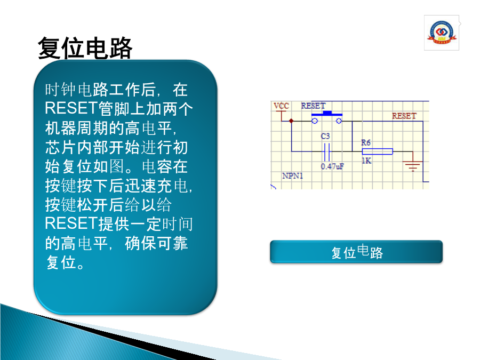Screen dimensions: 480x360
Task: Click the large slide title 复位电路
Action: (x=85, y=48)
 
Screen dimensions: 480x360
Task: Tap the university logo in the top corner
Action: (x=442, y=33)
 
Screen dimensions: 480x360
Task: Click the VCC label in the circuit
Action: (x=281, y=106)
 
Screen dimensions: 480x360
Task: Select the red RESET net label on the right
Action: (x=404, y=116)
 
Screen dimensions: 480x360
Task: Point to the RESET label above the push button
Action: (x=313, y=106)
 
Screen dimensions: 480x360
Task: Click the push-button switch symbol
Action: (x=326, y=117)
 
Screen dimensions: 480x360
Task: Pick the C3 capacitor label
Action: (x=325, y=136)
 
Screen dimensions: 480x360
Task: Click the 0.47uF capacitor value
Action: (x=332, y=166)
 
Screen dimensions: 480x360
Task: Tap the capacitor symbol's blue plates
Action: (x=326, y=152)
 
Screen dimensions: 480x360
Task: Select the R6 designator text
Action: (x=366, y=142)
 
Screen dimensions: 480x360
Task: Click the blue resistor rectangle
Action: (x=378, y=151)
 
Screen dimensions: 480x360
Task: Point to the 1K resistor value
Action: (x=366, y=161)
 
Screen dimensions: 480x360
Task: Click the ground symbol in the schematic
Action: (x=413, y=166)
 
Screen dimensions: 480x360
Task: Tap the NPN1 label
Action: (x=293, y=175)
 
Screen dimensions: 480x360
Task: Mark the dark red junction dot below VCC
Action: (x=291, y=121)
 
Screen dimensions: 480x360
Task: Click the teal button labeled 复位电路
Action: (x=356, y=252)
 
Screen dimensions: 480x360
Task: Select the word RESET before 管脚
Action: (x=71, y=108)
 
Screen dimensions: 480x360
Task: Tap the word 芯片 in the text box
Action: (x=61, y=147)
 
